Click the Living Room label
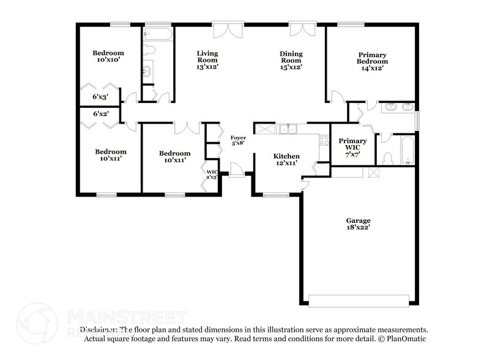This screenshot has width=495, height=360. point(207,60)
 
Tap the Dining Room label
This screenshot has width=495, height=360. point(291,60)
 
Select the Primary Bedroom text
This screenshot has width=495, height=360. point(373,61)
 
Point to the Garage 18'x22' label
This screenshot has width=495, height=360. point(358,223)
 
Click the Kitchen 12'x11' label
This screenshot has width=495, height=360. point(286,160)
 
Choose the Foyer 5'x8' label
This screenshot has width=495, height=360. point(238,141)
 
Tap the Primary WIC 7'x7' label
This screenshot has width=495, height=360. point(352,147)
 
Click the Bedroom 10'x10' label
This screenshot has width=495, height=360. point(108,56)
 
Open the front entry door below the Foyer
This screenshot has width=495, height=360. point(237,170)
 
